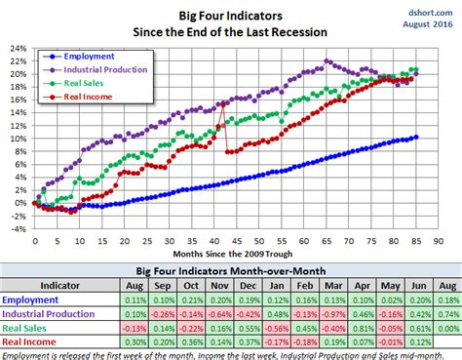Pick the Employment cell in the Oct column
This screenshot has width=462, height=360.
point(192,301)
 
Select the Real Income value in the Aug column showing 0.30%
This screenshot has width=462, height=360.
point(135,344)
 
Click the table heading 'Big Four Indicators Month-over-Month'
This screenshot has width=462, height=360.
point(230,272)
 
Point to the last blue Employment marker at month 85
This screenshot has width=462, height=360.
point(416,138)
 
